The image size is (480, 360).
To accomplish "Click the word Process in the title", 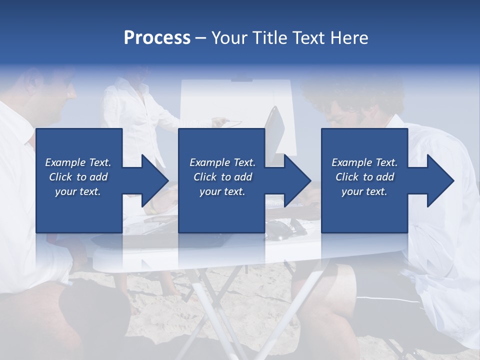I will click(x=157, y=38).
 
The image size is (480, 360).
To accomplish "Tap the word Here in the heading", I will click(x=349, y=38).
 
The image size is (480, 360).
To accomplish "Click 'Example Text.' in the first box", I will click(x=78, y=162).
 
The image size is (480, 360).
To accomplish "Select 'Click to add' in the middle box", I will click(x=222, y=177).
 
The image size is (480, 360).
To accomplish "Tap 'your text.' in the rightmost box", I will click(x=364, y=191).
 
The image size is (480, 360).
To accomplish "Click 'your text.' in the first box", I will click(x=78, y=191).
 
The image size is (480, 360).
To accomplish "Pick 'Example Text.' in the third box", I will click(x=364, y=162).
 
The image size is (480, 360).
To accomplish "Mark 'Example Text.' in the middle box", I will click(x=222, y=162).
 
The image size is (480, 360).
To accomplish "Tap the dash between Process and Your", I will click(x=200, y=38).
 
